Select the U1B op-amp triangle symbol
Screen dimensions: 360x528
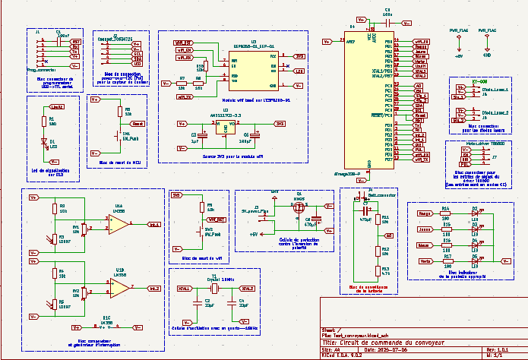coord(119,287)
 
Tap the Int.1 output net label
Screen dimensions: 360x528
coord(153,225)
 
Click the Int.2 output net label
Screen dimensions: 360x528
coord(153,288)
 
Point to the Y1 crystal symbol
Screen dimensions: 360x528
coord(213,289)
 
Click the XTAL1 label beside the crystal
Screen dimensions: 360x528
coord(184,289)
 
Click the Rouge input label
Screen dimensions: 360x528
coord(425,213)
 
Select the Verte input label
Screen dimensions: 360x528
coord(425,261)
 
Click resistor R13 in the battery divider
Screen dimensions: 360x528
coord(377,270)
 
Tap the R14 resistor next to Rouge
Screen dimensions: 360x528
coord(447,213)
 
